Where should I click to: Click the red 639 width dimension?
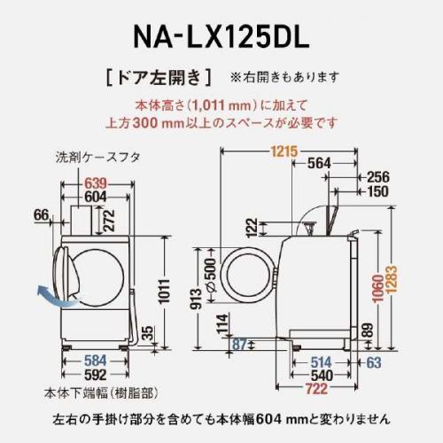pyautogui.click(x=97, y=183)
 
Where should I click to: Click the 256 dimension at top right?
pyautogui.click(x=377, y=176)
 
